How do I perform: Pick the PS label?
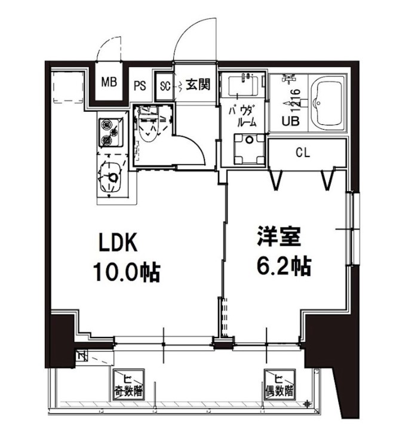click(140, 85)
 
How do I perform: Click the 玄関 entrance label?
click(197, 85)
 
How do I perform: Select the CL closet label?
click(303, 152)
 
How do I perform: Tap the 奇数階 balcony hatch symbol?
click(129, 385)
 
